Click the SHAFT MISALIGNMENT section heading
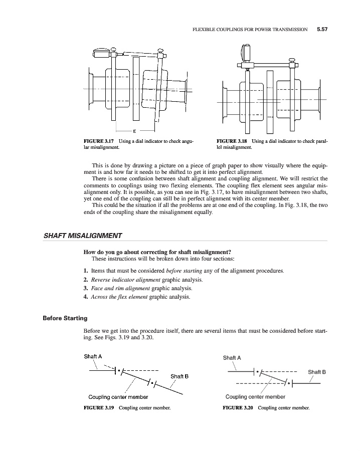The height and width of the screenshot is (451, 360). point(83,236)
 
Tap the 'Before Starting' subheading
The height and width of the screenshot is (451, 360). point(65,318)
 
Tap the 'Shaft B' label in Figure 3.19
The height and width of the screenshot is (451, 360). point(179,376)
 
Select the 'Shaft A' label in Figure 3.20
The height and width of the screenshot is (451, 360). point(232,358)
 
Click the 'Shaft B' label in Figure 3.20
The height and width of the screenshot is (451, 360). point(317,372)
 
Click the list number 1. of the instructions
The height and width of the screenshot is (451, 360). point(85,271)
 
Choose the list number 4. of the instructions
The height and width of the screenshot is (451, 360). point(85,298)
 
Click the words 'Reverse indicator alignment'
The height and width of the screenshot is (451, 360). point(118,280)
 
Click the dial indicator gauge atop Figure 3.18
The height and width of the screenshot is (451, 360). point(246,52)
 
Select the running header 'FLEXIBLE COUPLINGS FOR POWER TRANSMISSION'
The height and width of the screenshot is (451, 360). point(250,30)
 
